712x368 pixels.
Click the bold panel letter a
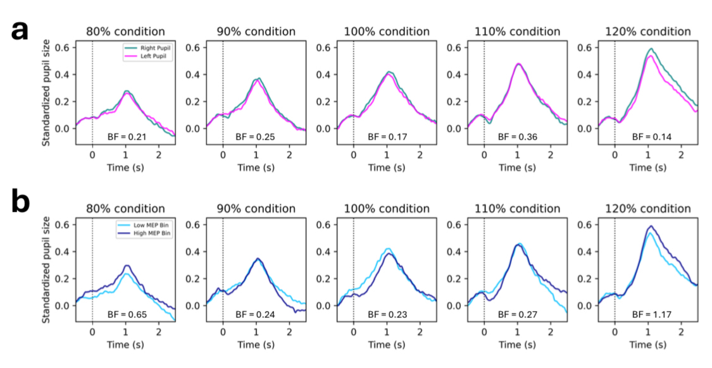19,30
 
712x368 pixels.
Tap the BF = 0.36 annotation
514,137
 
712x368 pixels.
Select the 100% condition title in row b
387,209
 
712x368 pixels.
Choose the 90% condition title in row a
256,32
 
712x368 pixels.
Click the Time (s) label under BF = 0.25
256,168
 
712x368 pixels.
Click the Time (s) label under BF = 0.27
517,345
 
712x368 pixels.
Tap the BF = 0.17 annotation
384,137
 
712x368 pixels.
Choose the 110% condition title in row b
517,209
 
